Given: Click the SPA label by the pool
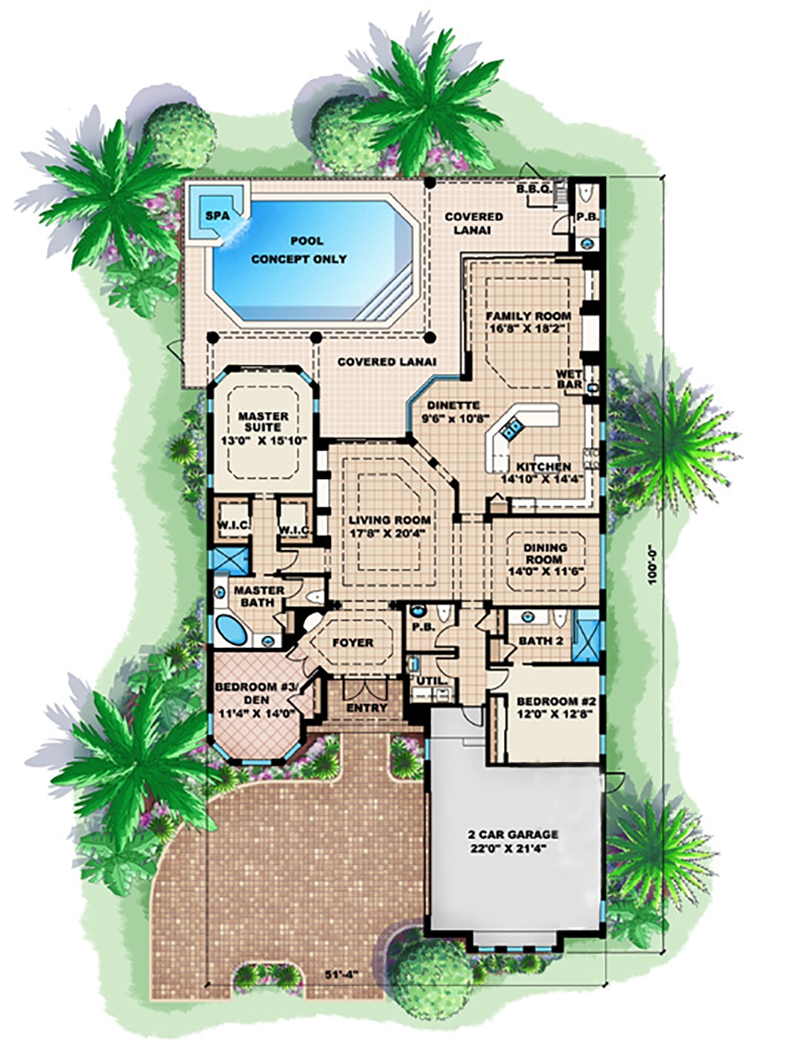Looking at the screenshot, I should click(x=213, y=214).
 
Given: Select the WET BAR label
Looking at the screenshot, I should click(x=569, y=379).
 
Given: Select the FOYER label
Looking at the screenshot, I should click(x=352, y=642).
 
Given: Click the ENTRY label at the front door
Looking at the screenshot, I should click(x=367, y=708).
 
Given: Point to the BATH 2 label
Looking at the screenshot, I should click(x=541, y=640).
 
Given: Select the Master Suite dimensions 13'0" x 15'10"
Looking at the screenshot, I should click(x=263, y=442).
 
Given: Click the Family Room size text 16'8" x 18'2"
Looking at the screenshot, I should click(x=527, y=329).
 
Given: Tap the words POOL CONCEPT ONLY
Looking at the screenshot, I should click(x=299, y=250).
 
